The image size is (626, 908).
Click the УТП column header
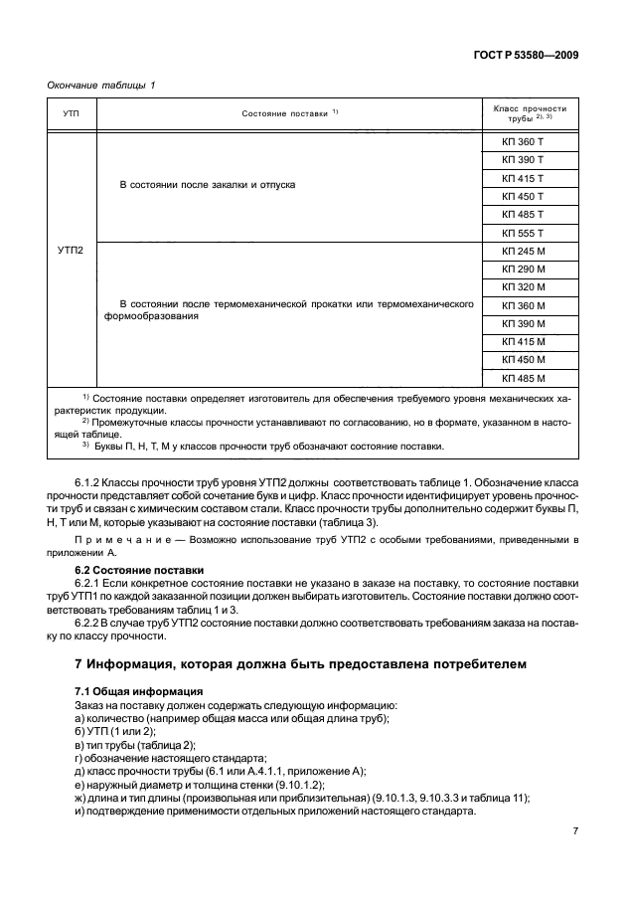(x=71, y=114)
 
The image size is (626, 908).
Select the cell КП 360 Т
(x=524, y=142)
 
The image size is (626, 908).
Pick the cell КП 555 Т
(x=524, y=232)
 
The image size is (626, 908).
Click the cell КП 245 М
(x=524, y=252)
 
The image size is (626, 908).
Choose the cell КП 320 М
(x=524, y=288)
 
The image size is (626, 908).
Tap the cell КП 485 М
(x=524, y=378)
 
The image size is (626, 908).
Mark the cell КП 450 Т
(x=524, y=196)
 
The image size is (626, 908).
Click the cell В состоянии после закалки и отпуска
(x=208, y=185)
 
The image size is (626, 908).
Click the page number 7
(x=574, y=830)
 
